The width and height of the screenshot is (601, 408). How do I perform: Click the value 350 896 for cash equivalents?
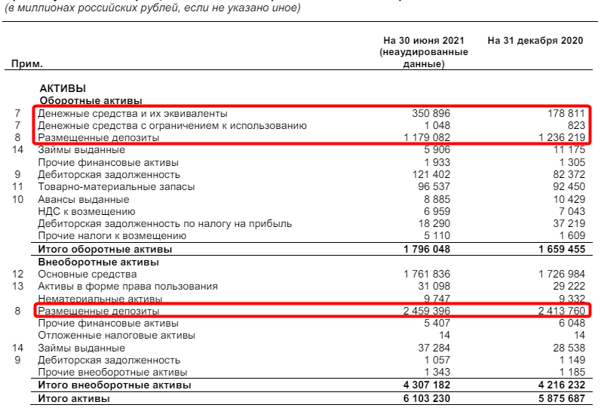(431, 113)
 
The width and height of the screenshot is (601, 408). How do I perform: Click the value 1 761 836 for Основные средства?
(428, 274)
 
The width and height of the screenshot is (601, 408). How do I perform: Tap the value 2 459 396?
(428, 311)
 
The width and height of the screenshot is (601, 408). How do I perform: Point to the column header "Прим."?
(27, 65)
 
